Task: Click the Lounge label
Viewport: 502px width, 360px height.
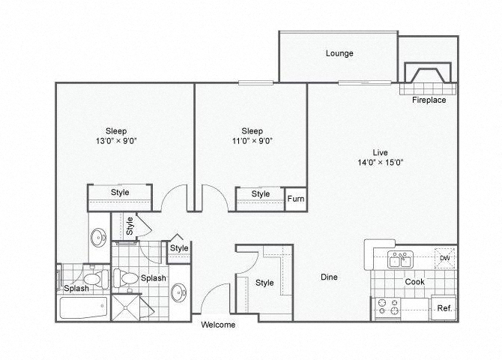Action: [339, 53]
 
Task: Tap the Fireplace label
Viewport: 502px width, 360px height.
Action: [429, 100]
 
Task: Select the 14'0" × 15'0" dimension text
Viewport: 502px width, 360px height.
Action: [380, 163]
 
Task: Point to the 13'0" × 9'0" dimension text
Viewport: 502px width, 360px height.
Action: [116, 141]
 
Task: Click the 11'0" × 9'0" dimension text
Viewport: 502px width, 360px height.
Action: [252, 141]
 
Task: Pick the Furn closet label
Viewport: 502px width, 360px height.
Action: [295, 199]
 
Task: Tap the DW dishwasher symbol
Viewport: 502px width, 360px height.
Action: [445, 258]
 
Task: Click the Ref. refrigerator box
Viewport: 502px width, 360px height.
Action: [444, 307]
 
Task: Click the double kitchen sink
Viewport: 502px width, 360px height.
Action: [400, 259]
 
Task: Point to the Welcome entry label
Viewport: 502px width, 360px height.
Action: [218, 325]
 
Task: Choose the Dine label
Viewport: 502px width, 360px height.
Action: [329, 277]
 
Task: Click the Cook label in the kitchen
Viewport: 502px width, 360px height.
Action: [414, 282]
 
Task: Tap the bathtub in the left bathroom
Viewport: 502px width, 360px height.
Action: [83, 307]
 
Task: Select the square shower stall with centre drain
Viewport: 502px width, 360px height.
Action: [126, 307]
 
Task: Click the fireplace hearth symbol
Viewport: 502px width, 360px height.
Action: [428, 73]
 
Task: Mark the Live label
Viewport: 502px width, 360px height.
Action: [380, 152]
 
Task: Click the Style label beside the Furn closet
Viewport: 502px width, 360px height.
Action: [260, 194]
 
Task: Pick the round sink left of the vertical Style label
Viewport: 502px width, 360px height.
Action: [98, 237]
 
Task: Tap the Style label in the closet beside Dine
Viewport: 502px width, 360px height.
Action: [264, 283]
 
